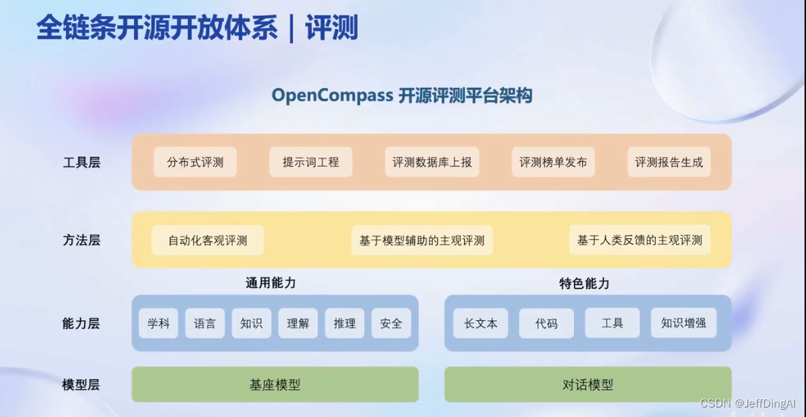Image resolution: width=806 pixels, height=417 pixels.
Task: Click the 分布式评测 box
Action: (195, 162)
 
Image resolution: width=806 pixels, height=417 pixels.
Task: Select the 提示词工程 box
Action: (311, 162)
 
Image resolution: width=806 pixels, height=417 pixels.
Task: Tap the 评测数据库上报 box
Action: (432, 162)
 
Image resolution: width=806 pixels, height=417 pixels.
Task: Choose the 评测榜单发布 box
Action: (553, 162)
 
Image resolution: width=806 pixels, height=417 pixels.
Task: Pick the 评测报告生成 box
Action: (668, 162)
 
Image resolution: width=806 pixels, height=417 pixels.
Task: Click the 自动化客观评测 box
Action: (207, 240)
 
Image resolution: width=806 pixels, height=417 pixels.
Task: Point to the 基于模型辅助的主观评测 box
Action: (422, 240)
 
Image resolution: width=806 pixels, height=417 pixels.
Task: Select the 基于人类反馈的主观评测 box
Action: (639, 240)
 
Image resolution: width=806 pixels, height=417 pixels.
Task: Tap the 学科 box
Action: (158, 323)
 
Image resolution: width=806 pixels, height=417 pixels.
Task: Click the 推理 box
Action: (344, 323)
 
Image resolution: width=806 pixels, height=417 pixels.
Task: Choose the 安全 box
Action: (391, 323)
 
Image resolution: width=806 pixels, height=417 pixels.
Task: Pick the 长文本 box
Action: (480, 323)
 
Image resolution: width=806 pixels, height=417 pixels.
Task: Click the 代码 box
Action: (546, 323)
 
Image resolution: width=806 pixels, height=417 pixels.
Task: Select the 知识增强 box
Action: (683, 323)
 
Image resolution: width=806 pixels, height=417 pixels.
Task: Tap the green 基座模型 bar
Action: (275, 385)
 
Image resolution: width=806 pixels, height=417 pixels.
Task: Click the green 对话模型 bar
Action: (587, 385)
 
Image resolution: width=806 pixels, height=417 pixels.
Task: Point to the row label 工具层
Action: (81, 163)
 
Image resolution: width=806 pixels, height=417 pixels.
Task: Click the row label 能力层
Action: (81, 323)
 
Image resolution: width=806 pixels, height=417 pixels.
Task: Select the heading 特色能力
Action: (584, 284)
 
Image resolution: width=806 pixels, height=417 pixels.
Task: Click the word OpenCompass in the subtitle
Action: (332, 95)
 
